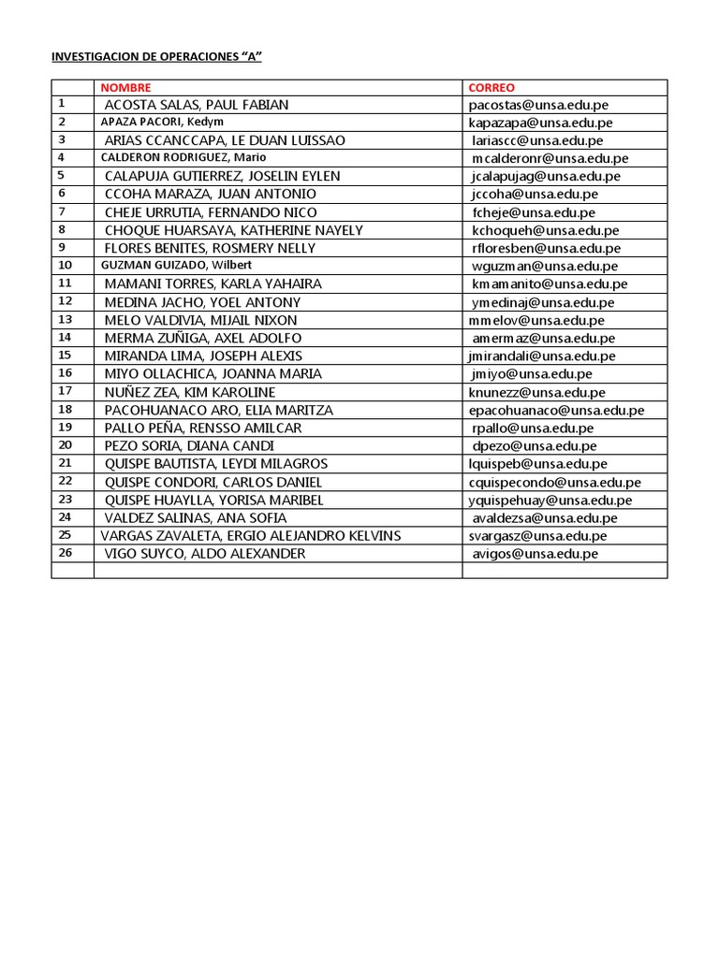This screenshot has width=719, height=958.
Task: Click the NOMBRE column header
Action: click(x=126, y=87)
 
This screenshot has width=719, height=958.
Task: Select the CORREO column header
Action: click(x=492, y=87)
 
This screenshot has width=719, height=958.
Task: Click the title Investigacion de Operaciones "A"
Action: click(x=155, y=56)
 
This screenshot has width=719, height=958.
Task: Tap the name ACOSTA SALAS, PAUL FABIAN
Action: click(x=197, y=105)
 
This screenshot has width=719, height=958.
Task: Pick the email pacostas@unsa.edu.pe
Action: click(x=541, y=105)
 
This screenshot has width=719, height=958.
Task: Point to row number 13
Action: click(x=65, y=319)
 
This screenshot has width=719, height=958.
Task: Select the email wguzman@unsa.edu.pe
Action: click(x=544, y=266)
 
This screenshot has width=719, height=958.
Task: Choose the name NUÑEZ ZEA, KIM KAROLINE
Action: click(x=190, y=392)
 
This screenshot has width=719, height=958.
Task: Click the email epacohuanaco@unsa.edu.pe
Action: click(x=557, y=410)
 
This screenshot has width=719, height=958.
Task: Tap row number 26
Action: click(x=65, y=552)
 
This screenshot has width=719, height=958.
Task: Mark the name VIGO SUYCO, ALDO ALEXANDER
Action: click(x=205, y=554)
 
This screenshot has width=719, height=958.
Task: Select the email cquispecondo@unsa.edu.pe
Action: click(x=555, y=482)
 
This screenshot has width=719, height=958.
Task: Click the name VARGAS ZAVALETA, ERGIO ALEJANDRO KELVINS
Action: click(x=251, y=535)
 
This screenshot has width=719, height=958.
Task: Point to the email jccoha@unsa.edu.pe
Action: click(x=536, y=195)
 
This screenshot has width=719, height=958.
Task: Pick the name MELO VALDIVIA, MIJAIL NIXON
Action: click(x=201, y=320)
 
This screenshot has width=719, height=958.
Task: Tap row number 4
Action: click(x=61, y=157)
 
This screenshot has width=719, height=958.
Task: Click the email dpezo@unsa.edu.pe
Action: click(x=535, y=446)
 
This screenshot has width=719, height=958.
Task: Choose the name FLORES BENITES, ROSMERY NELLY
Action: click(x=210, y=248)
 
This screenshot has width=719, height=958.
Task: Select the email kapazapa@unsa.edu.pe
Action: click(x=541, y=123)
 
